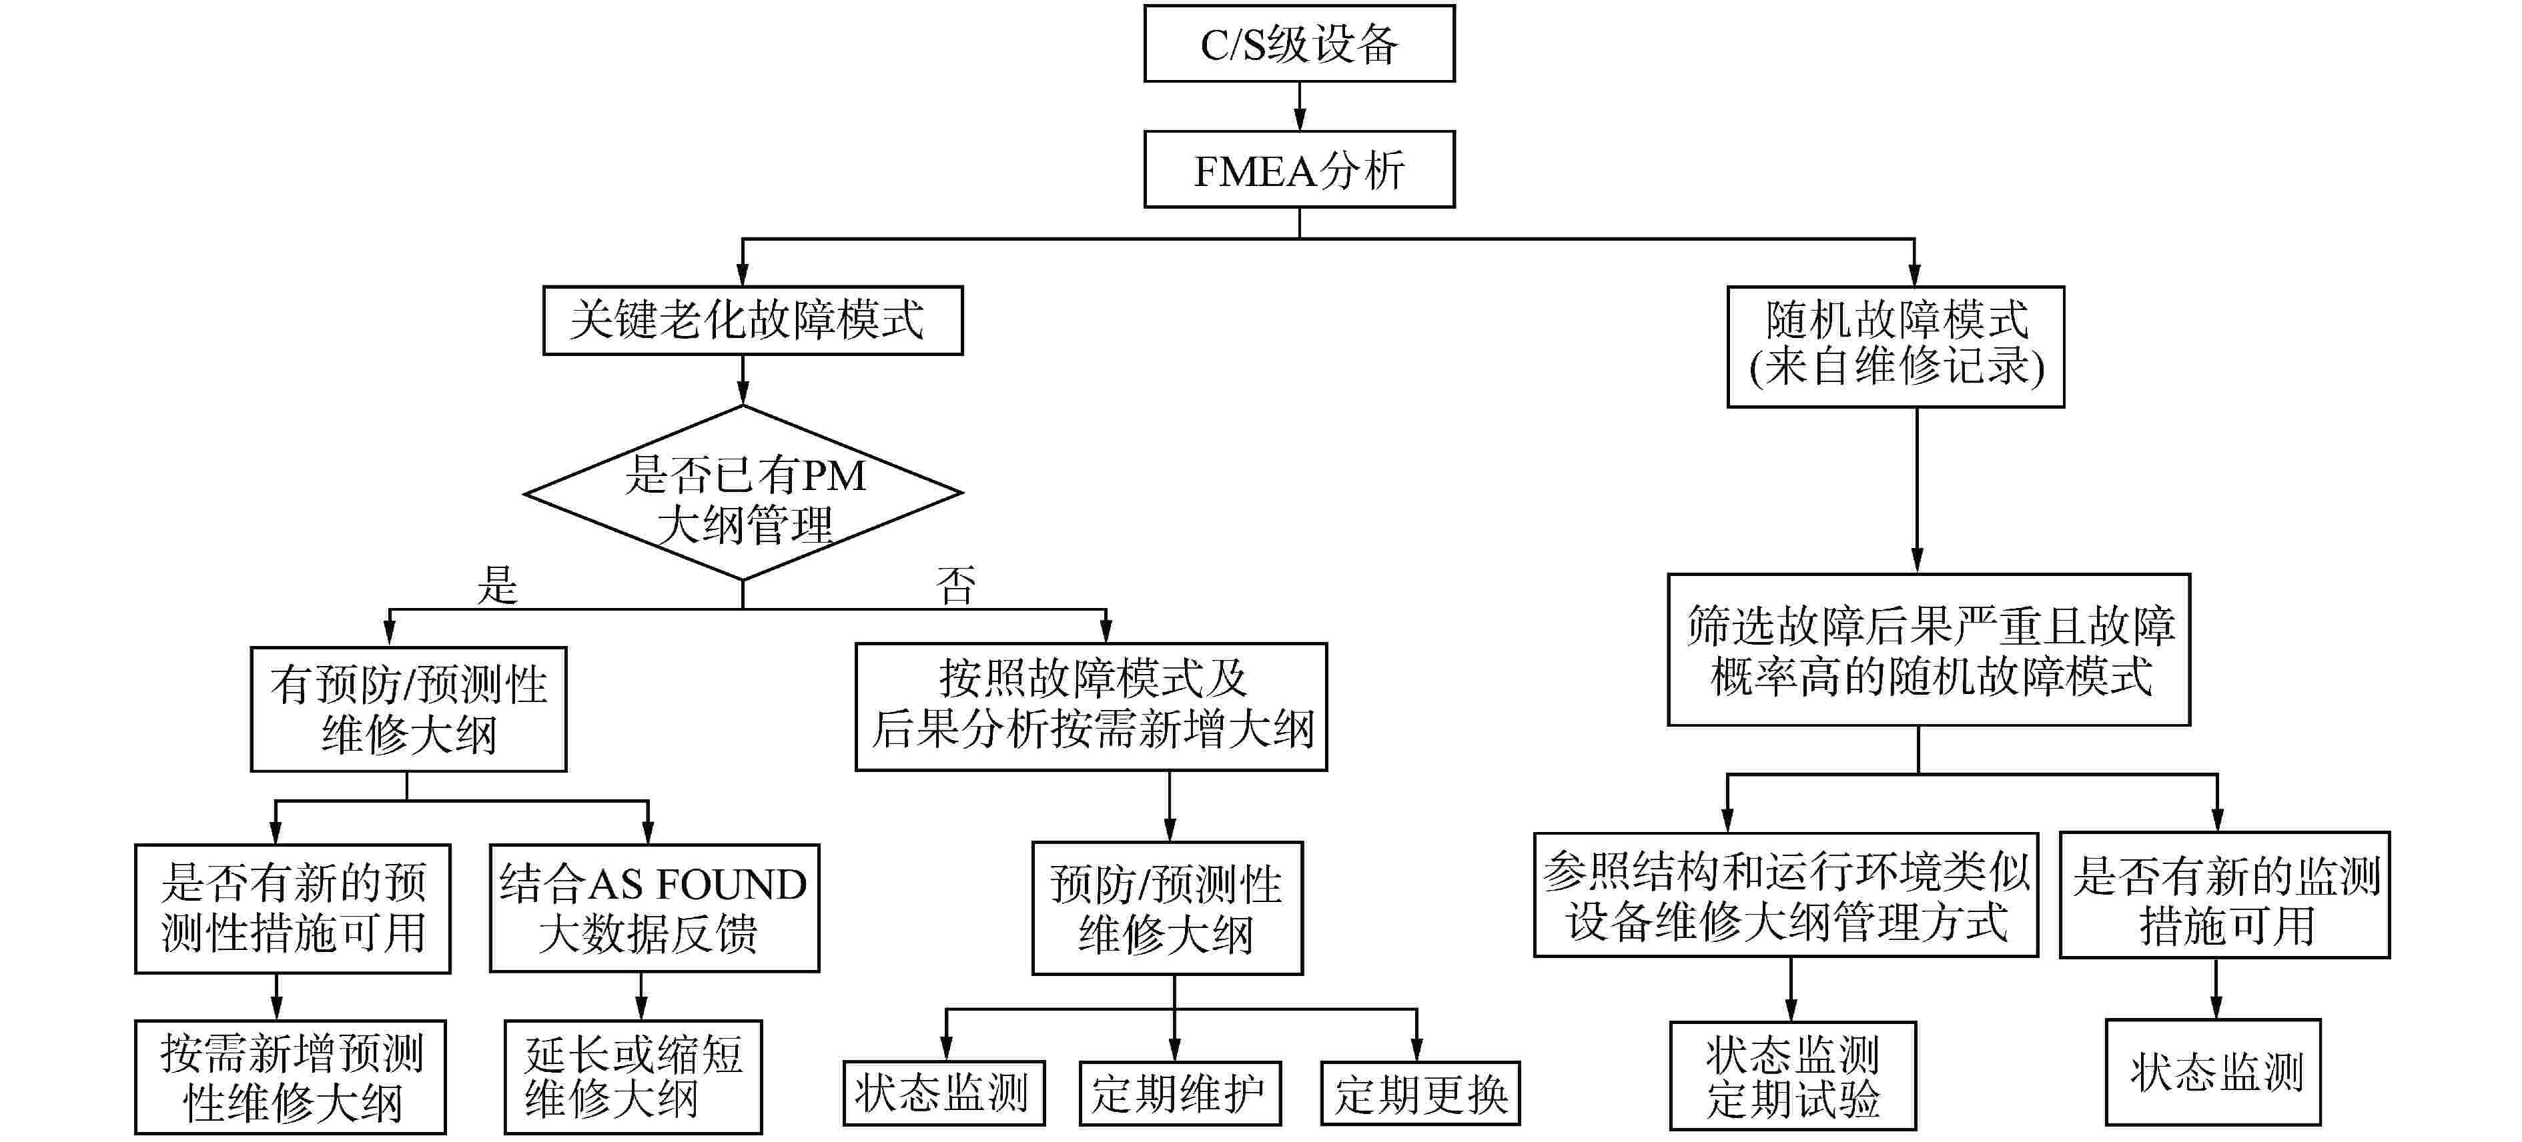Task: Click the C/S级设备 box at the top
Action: coord(1298,44)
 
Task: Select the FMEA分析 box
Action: coord(1298,169)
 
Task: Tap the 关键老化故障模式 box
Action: coord(752,320)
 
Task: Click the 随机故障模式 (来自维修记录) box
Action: coord(1896,347)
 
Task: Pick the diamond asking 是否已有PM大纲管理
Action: coord(743,494)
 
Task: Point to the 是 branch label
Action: coord(497,585)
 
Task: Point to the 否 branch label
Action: coord(955,585)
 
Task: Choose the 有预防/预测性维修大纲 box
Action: coord(408,709)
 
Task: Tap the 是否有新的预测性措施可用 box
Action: coord(293,908)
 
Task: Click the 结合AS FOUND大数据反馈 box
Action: coord(654,908)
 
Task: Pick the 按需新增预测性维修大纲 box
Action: coord(291,1077)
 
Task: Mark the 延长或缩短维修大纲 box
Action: coord(633,1077)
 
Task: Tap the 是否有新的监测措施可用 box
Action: coord(2224,895)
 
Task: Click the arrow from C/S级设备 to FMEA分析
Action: coord(1299,106)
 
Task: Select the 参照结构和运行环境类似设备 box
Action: coord(1786,895)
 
